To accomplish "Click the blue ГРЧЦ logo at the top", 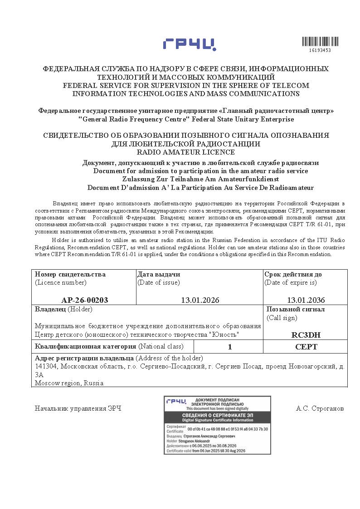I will pyautogui.click(x=190, y=44).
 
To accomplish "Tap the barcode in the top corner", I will pyautogui.click(x=316, y=42).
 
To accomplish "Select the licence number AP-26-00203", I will pyautogui.click(x=85, y=300).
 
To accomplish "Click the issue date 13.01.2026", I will pyautogui.click(x=199, y=300).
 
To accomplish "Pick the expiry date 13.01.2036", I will pyautogui.click(x=306, y=300).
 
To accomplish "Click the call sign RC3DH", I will pyautogui.click(x=306, y=335).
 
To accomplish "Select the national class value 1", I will pyautogui.click(x=230, y=347).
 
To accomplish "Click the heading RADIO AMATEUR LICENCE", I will pyautogui.click(x=186, y=152).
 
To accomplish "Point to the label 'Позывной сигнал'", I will pyautogui.click(x=296, y=309).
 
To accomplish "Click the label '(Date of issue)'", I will pyautogui.click(x=159, y=282).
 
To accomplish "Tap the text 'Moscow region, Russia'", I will pyautogui.click(x=69, y=383).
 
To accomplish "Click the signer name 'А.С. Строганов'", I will pyautogui.click(x=320, y=408).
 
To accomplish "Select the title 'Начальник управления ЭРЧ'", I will pyautogui.click(x=78, y=408).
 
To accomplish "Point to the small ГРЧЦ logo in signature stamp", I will pyautogui.click(x=176, y=402).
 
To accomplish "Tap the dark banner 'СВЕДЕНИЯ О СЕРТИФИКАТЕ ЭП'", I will pyautogui.click(x=217, y=415).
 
